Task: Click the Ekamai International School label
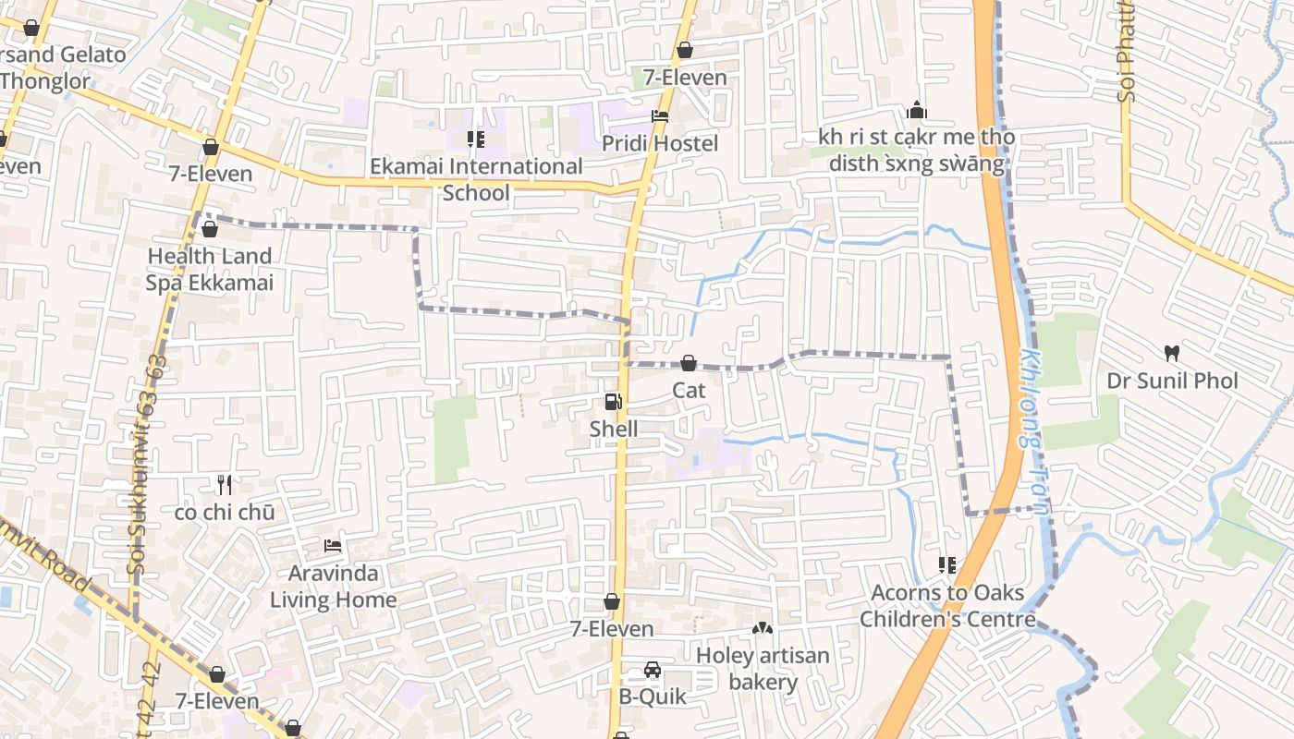click(476, 179)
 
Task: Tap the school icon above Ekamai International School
click(476, 139)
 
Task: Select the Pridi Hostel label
click(660, 143)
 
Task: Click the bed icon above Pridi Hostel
click(660, 116)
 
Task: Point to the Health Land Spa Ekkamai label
click(210, 269)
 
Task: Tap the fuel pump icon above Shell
click(613, 402)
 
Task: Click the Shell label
click(614, 429)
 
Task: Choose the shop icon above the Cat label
click(689, 363)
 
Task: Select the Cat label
click(689, 390)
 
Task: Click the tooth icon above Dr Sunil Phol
click(1172, 353)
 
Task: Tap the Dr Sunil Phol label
click(1172, 381)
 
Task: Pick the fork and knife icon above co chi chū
click(224, 484)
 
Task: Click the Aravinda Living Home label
click(334, 587)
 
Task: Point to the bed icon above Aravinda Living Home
click(333, 546)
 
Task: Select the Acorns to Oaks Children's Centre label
click(947, 605)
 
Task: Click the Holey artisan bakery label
click(763, 669)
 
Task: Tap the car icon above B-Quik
click(653, 669)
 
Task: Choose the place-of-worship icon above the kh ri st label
click(917, 110)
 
